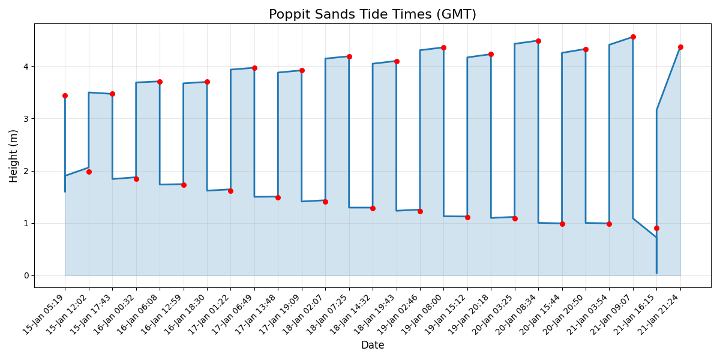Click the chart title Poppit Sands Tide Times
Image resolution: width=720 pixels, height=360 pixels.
[372, 14]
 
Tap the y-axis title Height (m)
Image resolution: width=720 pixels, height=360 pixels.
[14, 155]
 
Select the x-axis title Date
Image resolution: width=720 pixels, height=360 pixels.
[372, 346]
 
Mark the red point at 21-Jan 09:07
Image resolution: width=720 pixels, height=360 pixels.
[633, 37]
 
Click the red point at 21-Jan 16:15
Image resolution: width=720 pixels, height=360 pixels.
[656, 228]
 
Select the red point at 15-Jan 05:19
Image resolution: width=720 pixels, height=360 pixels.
[65, 95]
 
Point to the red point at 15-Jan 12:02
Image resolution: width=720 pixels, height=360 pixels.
[89, 172]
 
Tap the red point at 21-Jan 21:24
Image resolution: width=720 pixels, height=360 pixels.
[680, 47]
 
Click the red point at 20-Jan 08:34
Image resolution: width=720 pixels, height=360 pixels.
[538, 41]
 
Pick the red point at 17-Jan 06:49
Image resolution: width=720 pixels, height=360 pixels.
[254, 68]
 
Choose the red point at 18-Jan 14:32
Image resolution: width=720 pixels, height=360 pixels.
[373, 208]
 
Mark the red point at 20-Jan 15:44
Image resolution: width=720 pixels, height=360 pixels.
[562, 224]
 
